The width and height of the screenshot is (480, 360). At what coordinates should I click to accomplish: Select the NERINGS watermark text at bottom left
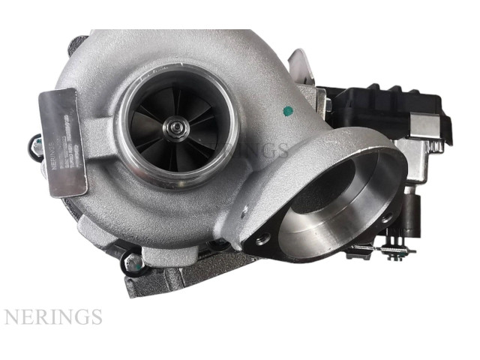pos(52,316)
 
